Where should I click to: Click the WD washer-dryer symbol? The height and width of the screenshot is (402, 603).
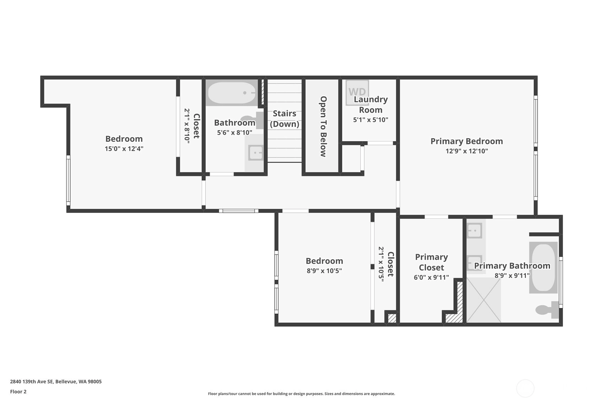pos(357,93)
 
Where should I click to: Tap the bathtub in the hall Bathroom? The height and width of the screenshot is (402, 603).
pos(232,93)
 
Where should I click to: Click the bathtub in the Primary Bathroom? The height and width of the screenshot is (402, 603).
pos(543,267)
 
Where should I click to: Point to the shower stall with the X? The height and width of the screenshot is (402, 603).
pos(484,300)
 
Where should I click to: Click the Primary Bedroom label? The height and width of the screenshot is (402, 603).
pos(467,141)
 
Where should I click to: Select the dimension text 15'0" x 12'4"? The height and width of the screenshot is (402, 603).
pos(124,149)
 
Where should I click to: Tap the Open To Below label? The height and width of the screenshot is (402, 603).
pos(323,126)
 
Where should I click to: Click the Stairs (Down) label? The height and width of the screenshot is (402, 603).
pos(285,119)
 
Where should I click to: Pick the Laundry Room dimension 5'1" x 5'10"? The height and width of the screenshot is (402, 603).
pos(371,119)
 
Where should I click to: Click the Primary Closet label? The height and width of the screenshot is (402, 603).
pos(431,262)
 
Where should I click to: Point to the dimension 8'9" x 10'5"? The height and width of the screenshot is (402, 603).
pos(324,270)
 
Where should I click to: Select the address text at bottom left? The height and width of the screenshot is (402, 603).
pos(56,381)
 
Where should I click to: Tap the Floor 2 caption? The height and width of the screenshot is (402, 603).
pos(18,391)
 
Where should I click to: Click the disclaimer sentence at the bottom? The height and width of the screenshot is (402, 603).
pos(301,394)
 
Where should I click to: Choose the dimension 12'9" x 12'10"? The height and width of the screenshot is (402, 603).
pos(467,151)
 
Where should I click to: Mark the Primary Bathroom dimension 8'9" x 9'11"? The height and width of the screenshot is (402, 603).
pos(512,275)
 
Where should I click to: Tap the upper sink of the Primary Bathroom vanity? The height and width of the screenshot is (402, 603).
pos(474,231)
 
